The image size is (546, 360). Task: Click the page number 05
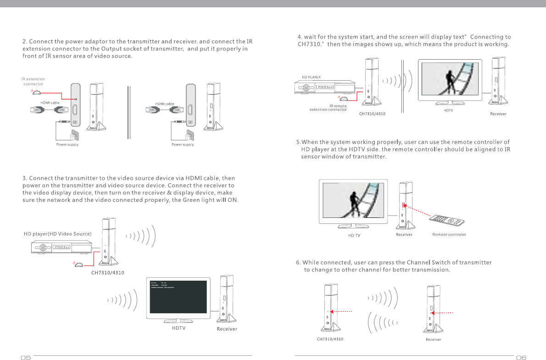point(25,358)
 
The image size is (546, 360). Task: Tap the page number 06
point(521,358)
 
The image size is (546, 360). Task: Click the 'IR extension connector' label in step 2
point(33,82)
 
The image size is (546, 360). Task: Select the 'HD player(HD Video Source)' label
point(58,234)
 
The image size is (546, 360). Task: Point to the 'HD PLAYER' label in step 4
point(311,77)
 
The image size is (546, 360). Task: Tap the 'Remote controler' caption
point(449,235)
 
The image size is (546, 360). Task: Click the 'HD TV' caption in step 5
point(354,236)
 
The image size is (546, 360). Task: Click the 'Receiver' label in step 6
point(433,339)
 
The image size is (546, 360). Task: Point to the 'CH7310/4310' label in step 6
point(330,339)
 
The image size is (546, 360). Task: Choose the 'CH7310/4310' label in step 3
point(108,272)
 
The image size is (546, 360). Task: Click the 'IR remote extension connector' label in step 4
point(328,108)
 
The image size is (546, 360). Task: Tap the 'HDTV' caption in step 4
point(448,111)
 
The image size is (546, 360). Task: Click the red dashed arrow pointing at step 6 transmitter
point(342,311)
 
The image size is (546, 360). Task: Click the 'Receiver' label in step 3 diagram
point(227,329)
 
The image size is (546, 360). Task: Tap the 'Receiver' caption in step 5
point(404,235)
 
